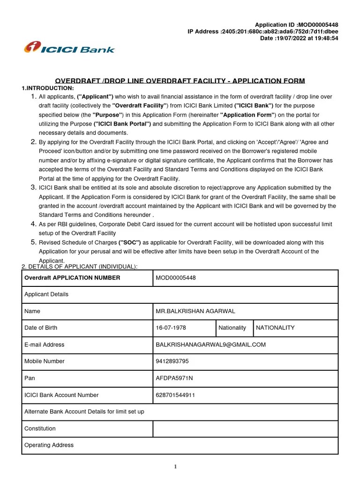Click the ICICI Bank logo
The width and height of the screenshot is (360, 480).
pyautogui.click(x=69, y=48)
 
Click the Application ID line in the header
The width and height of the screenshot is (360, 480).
pyautogui.click(x=296, y=25)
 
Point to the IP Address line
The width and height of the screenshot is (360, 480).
pyautogui.click(x=262, y=31)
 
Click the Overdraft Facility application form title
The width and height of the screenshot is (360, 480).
pyautogui.click(x=180, y=81)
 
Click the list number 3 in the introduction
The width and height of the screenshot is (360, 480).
pyautogui.click(x=33, y=187)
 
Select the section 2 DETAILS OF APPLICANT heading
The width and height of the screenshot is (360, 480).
pyautogui.click(x=80, y=267)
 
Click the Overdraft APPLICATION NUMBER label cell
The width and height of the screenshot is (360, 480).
pyautogui.click(x=72, y=278)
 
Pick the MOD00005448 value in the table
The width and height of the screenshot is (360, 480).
pyautogui.click(x=176, y=278)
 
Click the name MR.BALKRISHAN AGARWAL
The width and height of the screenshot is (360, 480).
pyautogui.click(x=195, y=311)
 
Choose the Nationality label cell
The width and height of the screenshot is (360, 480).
pyautogui.click(x=232, y=328)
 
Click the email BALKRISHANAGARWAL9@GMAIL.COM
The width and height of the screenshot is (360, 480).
pyautogui.click(x=210, y=345)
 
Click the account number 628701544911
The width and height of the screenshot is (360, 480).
pyautogui.click(x=175, y=395)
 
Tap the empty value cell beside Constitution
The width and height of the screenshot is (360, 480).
pyautogui.click(x=245, y=428)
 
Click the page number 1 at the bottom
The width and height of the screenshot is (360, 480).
pyautogui.click(x=175, y=466)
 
